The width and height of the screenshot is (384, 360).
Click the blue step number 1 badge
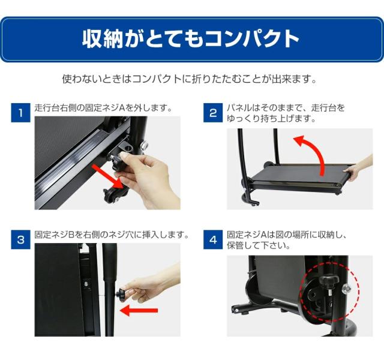coord(20,113)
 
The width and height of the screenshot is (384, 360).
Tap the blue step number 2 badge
coord(213,113)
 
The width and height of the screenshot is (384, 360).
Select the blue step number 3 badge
coord(20,239)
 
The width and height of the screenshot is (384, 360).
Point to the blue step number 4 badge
coord(213,239)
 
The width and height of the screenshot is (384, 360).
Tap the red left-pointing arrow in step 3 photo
coord(139,311)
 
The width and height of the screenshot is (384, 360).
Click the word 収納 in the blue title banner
coord(103,38)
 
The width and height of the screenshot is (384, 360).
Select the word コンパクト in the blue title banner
coord(252,38)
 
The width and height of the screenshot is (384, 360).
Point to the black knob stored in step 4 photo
coord(329,281)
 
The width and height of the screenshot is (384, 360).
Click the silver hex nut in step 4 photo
coord(346,289)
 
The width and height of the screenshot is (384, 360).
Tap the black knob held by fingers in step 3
coord(121,293)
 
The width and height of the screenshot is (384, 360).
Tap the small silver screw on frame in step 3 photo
coord(86,284)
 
